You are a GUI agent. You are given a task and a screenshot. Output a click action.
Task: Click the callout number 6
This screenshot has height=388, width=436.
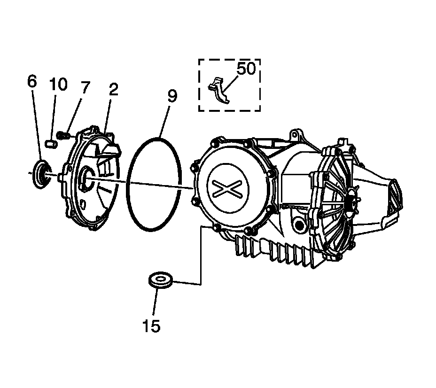[32, 81]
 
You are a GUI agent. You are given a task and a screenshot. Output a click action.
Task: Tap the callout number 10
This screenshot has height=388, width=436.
[59, 85]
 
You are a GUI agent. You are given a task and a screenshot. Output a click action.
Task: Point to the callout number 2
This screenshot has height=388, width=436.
[113, 90]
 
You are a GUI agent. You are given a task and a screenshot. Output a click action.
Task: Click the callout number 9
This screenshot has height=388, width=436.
[171, 96]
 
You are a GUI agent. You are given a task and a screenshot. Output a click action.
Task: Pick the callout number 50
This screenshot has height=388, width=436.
[246, 69]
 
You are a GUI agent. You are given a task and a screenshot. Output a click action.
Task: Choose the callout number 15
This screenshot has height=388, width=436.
[151, 325]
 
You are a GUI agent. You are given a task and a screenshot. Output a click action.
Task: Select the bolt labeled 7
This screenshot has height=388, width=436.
[62, 135]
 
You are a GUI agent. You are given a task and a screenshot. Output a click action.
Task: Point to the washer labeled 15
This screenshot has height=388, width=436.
[160, 281]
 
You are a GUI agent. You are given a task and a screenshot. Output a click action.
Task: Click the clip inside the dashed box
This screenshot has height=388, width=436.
[218, 89]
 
